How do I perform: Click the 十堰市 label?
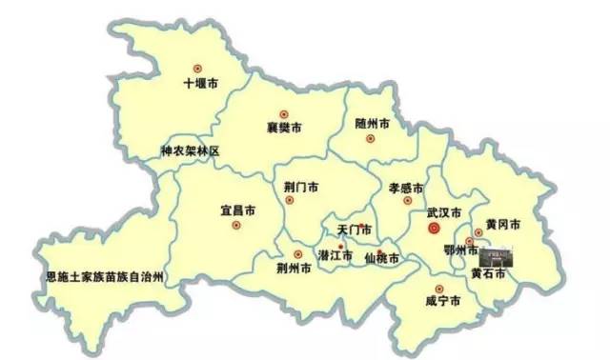click(200, 84)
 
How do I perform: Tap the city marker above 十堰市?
click(199, 68)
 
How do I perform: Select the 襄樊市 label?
click(284, 128)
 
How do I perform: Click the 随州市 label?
click(372, 125)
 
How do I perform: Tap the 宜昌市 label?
click(236, 210)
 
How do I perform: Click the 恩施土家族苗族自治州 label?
click(104, 277)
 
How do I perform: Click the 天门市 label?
click(355, 230)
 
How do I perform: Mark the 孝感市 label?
click(407, 187)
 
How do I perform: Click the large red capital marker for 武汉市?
click(433, 229)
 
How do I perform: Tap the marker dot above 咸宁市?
click(438, 288)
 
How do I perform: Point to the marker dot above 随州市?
click(370, 139)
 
